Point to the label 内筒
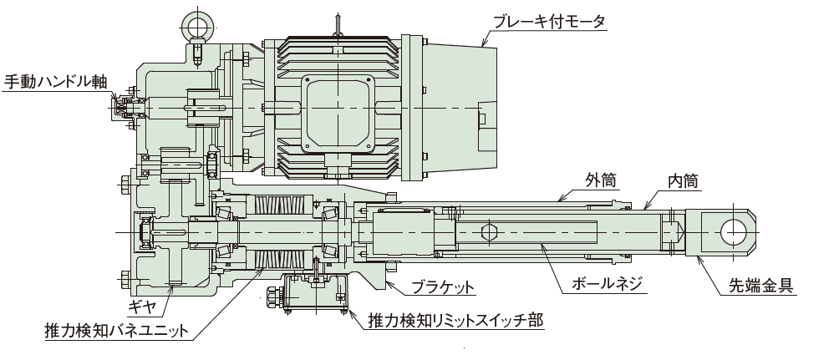pyautogui.click(x=683, y=180)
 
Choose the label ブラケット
pyautogui.click(x=443, y=288)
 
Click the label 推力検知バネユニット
pyautogui.click(x=117, y=332)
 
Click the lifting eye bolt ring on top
pyautogui.click(x=198, y=23)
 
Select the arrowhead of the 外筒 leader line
pyautogui.click(x=558, y=201)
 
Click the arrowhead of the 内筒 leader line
pyautogui.click(x=644, y=209)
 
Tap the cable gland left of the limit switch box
pyautogui.click(x=272, y=296)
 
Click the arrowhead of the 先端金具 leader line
pyautogui.click(x=695, y=256)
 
